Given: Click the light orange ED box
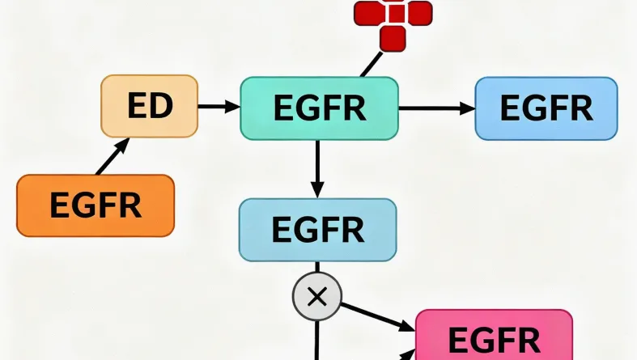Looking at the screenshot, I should coord(149,106).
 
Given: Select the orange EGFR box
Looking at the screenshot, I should coord(96,205).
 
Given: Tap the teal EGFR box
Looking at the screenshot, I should coord(319,108).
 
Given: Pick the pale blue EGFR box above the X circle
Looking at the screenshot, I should coord(317,229).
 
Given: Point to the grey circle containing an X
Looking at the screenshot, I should coord(316,296).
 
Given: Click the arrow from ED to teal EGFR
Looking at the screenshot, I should coord(219,106).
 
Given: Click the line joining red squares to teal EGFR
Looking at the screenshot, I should coord(372,64).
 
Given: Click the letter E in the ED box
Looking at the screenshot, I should coord(137,106).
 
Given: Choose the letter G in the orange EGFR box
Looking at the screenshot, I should coord(83,205).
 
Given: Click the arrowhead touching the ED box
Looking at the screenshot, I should coord(123,144).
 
